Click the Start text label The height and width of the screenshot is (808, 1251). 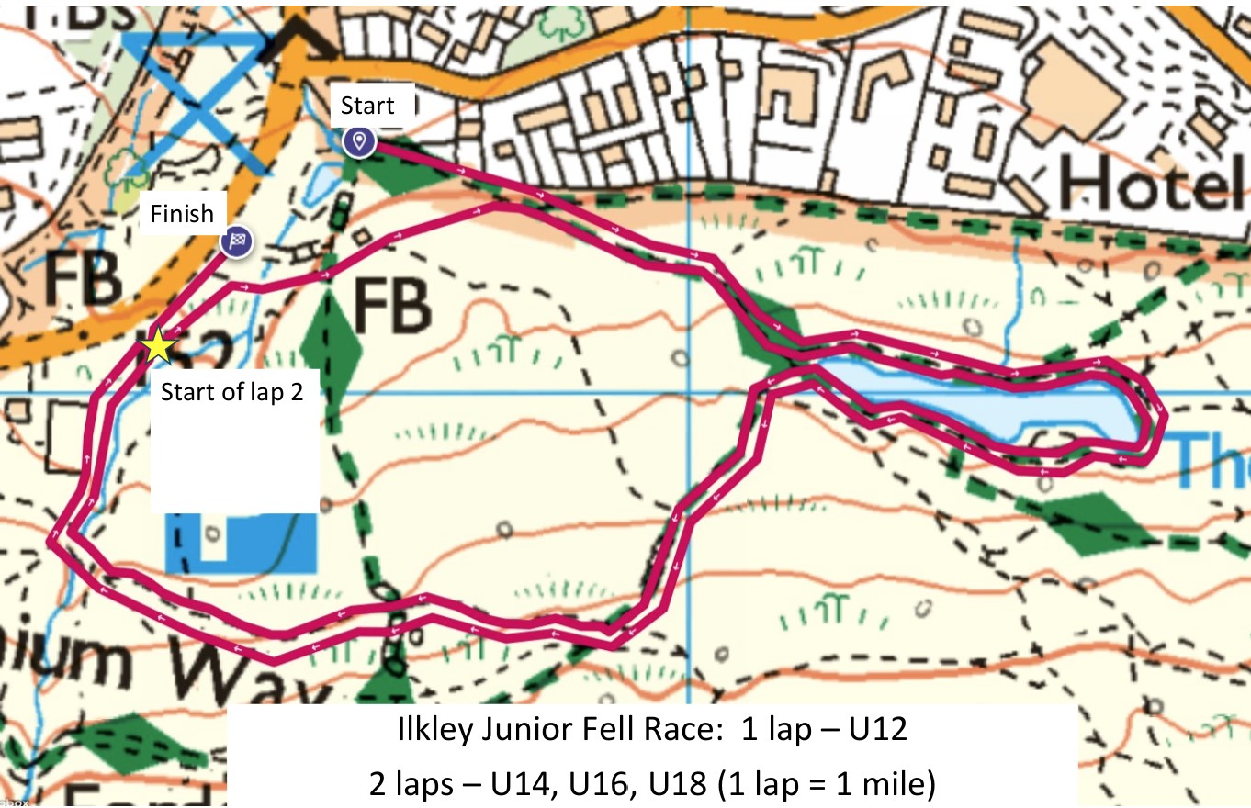(x=367, y=106)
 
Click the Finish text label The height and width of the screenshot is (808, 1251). (x=182, y=215)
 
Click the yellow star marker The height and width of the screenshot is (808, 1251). (x=158, y=346)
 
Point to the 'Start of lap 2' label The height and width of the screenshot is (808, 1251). (x=231, y=393)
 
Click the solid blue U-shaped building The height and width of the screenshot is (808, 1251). (x=241, y=542)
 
